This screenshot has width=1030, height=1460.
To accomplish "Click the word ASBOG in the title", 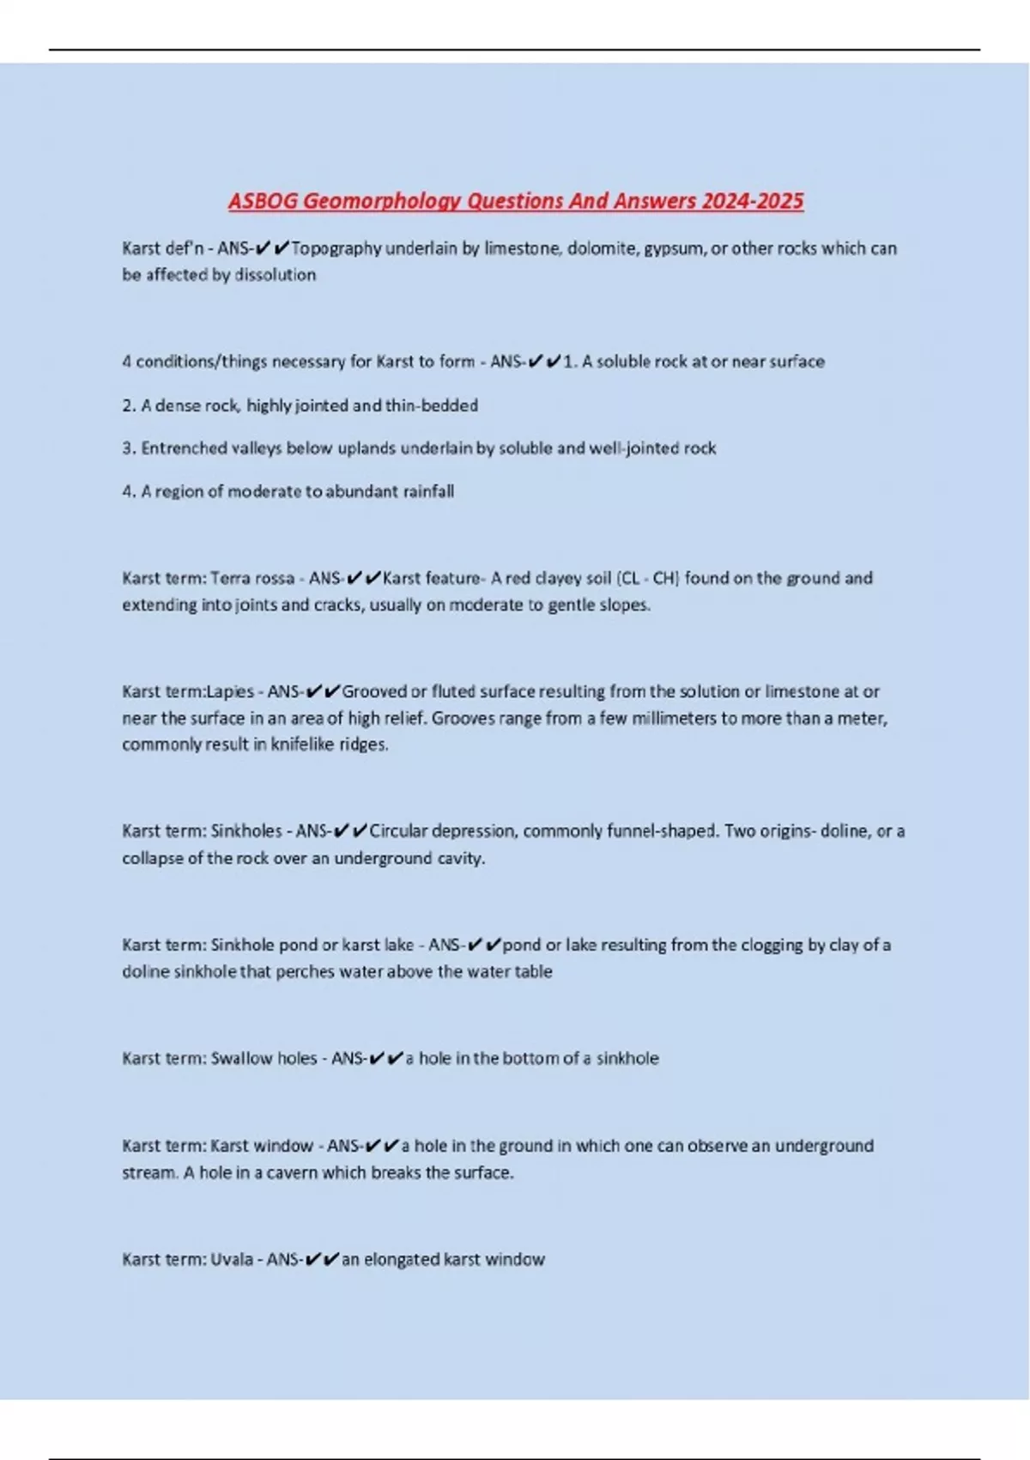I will [x=263, y=201].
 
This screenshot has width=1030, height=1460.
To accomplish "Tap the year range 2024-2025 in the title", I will [x=752, y=201].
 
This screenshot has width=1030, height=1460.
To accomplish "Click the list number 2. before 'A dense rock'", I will [x=129, y=405].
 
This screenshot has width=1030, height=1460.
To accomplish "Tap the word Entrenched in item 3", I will [x=182, y=448].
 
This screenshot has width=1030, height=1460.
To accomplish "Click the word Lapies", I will [x=230, y=691].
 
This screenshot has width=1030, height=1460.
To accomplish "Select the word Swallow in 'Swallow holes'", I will [x=241, y=1058].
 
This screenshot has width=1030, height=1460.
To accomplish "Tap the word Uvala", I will [x=232, y=1260].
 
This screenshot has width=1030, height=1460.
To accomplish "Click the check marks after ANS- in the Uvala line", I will [x=321, y=1260].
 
